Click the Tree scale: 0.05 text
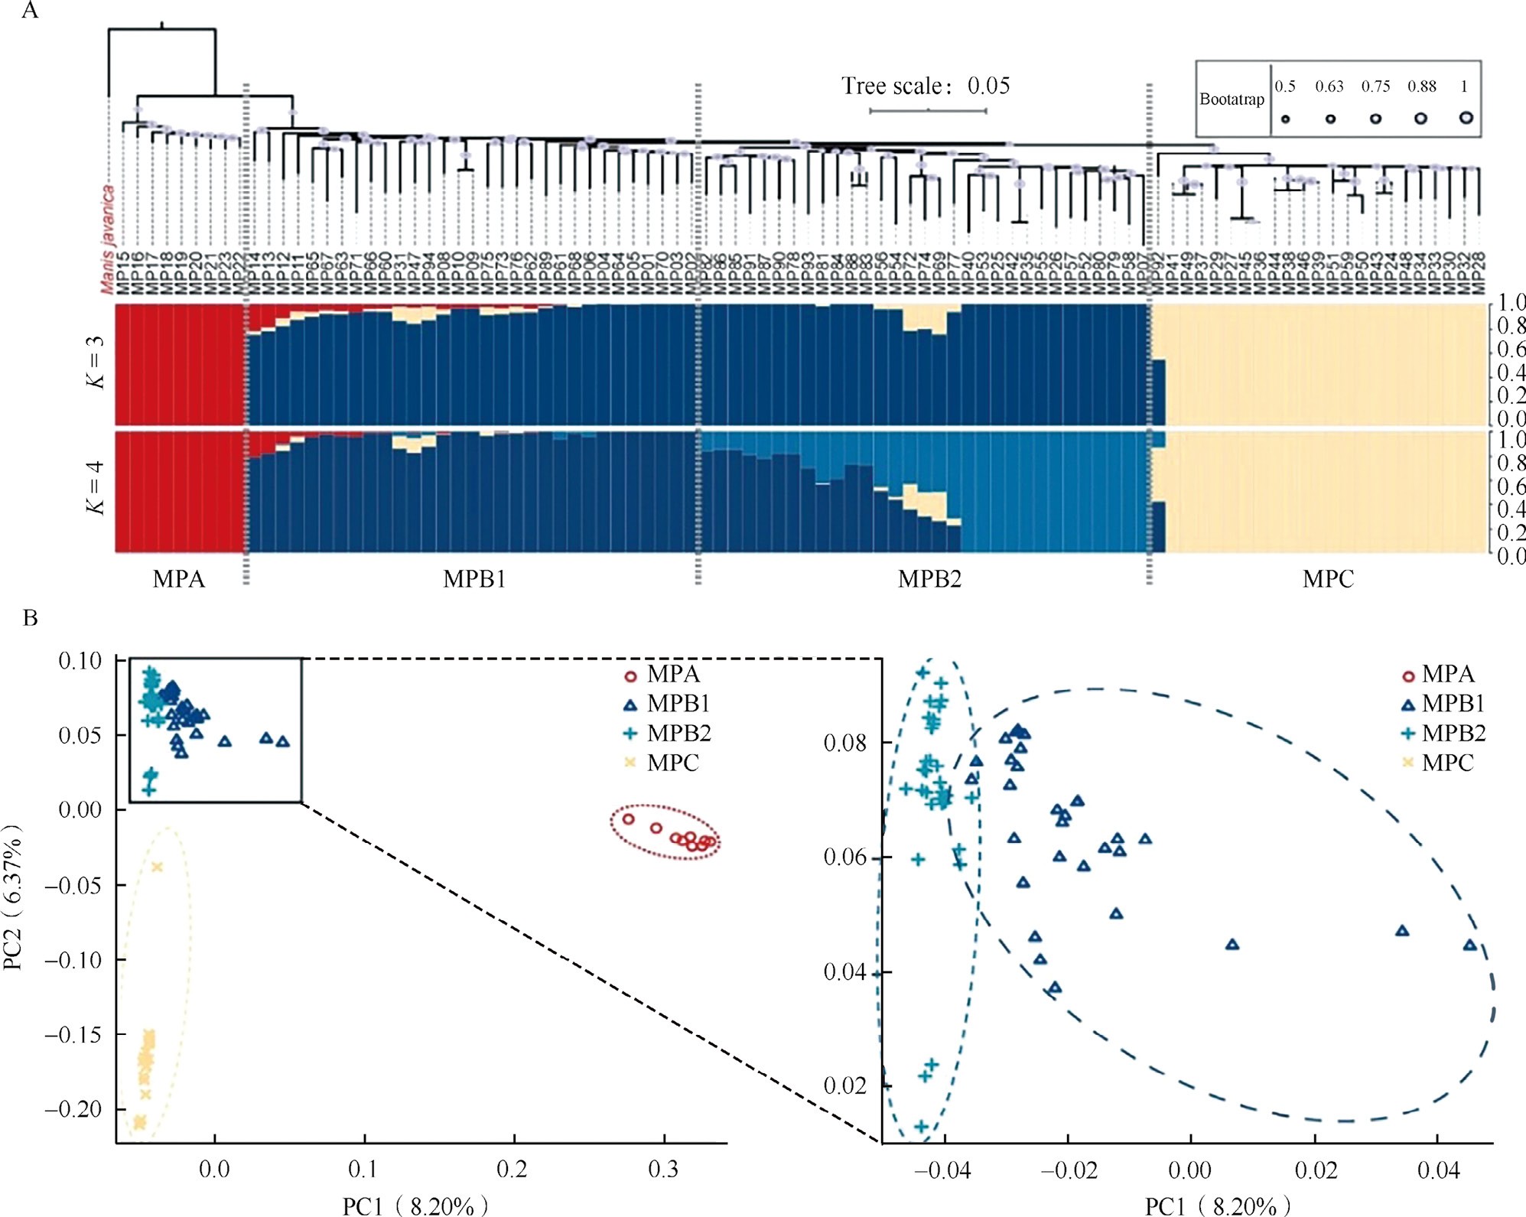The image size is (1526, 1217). click(926, 86)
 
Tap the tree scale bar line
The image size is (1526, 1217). click(928, 112)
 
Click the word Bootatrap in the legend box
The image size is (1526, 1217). click(1232, 99)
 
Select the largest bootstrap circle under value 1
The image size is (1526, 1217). click(1466, 118)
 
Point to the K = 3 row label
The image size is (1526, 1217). click(96, 362)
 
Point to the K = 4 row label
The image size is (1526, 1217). click(96, 487)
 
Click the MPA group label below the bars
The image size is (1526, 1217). click(179, 579)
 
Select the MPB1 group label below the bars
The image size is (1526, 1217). click(474, 579)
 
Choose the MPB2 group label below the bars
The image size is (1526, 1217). click(929, 579)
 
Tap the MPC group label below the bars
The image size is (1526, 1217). click(1328, 579)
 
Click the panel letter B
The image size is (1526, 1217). click(31, 618)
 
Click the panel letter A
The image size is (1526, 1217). click(30, 11)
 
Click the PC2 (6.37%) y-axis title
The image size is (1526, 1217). click(13, 897)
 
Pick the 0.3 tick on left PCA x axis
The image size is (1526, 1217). click(663, 1170)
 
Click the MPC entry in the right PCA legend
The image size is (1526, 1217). click(1447, 763)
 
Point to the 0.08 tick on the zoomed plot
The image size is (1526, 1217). click(844, 743)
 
